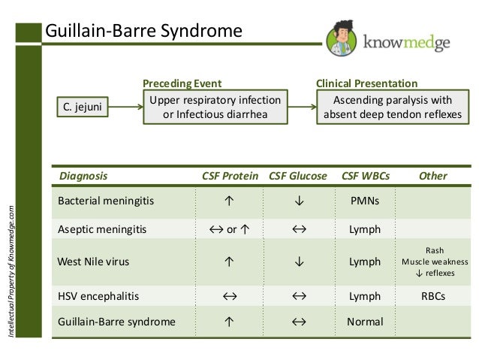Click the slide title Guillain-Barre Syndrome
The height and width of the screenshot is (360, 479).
tap(144, 32)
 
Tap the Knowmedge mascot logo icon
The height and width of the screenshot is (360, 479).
tap(342, 38)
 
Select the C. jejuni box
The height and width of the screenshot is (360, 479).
tap(83, 109)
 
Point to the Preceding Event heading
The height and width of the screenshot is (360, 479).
tap(182, 83)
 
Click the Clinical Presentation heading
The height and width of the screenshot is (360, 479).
tap(366, 83)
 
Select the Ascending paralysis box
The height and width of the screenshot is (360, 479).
tap(392, 108)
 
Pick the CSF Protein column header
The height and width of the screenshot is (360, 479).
tap(231, 176)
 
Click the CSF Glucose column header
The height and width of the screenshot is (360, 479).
tap(298, 176)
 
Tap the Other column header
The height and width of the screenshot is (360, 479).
tap(433, 176)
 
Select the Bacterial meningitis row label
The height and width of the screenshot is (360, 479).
tap(101, 201)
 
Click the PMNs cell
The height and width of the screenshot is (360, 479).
tap(365, 201)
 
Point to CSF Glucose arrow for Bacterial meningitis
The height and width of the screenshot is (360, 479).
tap(298, 201)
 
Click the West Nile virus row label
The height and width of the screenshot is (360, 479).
tap(93, 262)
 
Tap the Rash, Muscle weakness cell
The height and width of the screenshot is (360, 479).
tap(434, 262)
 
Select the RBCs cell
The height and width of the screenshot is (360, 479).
tap(433, 296)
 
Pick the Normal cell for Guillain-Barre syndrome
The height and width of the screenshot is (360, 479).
tap(365, 322)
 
